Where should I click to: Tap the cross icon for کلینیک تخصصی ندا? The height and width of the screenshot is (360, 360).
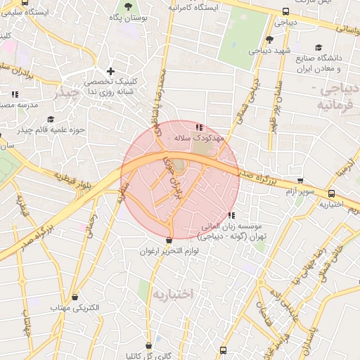tap(110, 71)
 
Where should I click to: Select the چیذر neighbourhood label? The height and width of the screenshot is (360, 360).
tap(68, 91)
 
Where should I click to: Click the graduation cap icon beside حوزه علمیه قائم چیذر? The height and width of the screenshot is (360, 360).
tap(50, 120)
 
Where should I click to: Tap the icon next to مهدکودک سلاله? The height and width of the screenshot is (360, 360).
tap(200, 127)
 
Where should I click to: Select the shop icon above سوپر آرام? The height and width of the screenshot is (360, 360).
tap(301, 181)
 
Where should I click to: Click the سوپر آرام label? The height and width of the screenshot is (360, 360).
tap(299, 191)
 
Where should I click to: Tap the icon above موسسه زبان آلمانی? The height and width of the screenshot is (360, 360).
tap(232, 215)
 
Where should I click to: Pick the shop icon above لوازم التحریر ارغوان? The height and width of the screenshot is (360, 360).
tap(169, 240)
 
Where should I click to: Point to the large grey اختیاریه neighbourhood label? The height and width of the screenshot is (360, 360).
tap(172, 293)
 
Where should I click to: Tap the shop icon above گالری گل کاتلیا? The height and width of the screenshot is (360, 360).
tap(149, 345)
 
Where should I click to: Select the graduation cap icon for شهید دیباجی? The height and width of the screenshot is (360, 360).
tap(269, 39)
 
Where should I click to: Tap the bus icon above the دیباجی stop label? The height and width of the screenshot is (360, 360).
tap(285, 11)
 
